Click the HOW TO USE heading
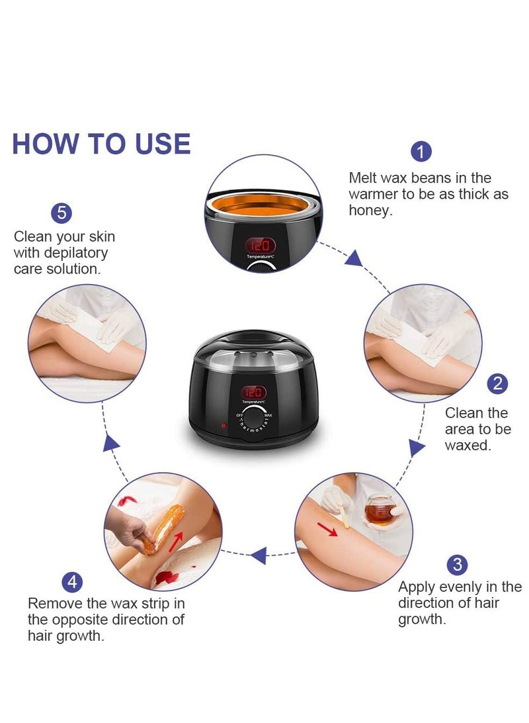(101, 144)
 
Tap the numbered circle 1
(421, 152)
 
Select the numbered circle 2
(497, 383)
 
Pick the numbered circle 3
(457, 565)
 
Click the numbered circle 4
(72, 582)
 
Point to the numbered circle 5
(61, 213)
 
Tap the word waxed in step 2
(468, 446)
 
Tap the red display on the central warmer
(254, 392)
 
